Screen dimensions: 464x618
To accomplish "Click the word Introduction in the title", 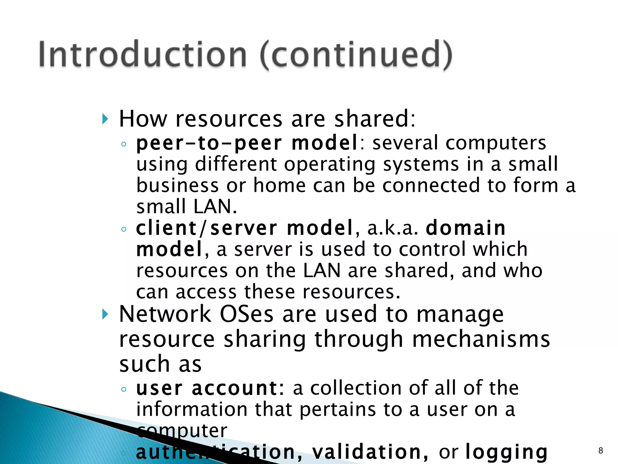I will coord(142,54).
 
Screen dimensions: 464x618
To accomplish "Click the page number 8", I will coord(600,451).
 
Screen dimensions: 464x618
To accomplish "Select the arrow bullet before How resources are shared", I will coord(105,119).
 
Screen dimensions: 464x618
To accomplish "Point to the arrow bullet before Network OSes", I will coord(105,314).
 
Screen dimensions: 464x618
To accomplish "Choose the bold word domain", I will coord(466,228).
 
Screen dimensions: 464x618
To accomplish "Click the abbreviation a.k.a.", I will coord(393,228).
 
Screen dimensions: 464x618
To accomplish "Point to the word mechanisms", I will coord(481,339).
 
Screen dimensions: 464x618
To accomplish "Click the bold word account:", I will coord(238,388).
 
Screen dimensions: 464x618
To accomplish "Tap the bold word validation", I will coord(370,452).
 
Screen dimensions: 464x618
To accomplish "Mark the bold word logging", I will coord(506,453).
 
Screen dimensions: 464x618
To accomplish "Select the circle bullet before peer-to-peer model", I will coord(123,144).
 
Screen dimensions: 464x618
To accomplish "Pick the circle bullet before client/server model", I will coord(123,229).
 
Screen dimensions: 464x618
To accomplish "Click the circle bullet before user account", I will coord(123,389).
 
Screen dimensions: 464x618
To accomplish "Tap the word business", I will coord(177,185).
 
